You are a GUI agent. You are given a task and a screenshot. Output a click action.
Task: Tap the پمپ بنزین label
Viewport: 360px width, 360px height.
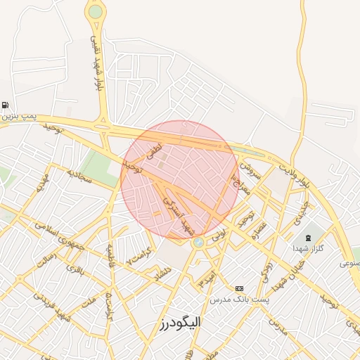(x=15, y=115)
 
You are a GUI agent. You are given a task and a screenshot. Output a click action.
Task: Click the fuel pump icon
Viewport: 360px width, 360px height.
(x=5, y=105)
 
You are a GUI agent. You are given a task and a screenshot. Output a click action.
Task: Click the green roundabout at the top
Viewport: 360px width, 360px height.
(x=95, y=11)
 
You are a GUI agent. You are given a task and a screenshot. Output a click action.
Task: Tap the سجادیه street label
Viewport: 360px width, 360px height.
(x=79, y=176)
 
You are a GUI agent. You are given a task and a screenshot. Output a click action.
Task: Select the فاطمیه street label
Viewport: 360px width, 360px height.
(x=110, y=259)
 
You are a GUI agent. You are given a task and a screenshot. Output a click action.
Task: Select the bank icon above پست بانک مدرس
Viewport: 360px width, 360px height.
(x=239, y=288)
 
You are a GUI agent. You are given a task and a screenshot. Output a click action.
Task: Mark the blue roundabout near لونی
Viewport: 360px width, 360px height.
(x=198, y=243)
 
